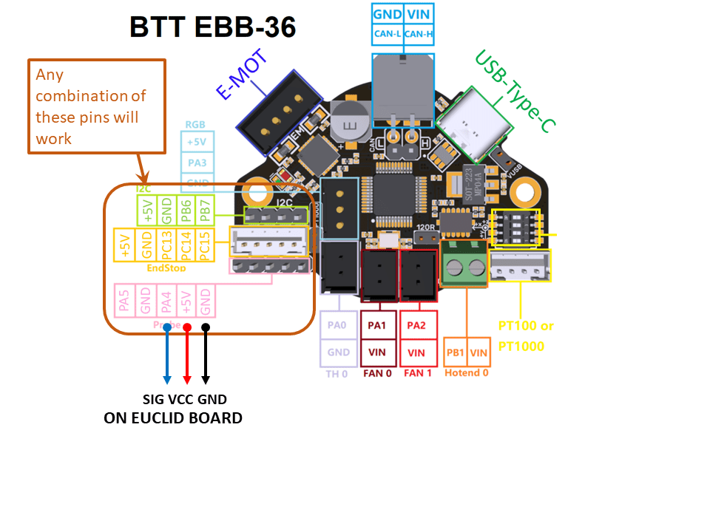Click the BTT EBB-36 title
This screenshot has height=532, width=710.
(213, 27)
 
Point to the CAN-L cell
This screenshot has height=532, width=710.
(388, 33)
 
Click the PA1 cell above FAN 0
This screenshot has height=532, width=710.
(376, 325)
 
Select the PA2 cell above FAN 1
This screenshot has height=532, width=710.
(417, 325)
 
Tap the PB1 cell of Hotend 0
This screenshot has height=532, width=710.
(455, 353)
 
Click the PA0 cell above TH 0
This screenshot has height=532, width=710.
(339, 325)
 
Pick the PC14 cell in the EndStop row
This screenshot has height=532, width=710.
(185, 245)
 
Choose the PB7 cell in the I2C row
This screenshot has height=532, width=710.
(206, 211)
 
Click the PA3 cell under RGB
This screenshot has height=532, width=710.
(197, 162)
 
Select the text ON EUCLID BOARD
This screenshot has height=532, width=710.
(173, 418)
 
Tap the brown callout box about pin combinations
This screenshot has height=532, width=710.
(96, 106)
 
